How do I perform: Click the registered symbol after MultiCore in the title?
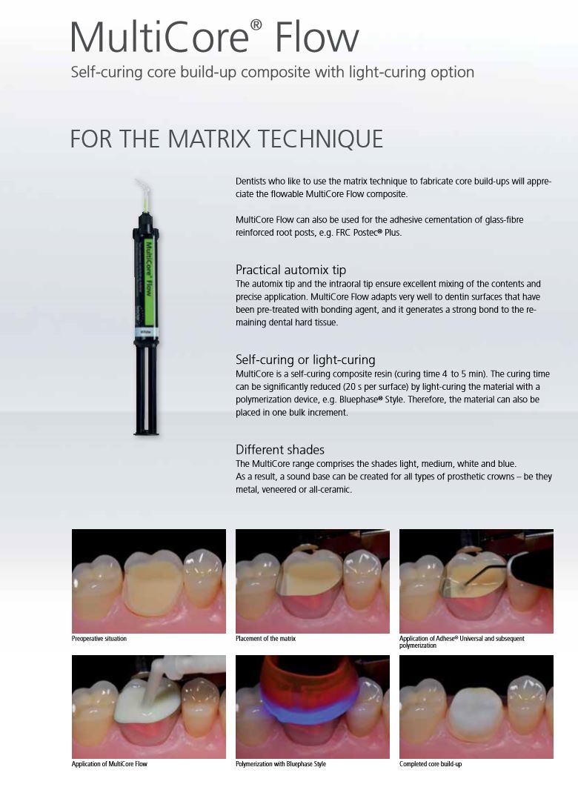click(256, 25)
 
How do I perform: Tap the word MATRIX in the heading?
click(209, 139)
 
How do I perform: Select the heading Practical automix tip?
click(290, 270)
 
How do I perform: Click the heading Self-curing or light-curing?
click(305, 359)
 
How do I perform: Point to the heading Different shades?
click(279, 449)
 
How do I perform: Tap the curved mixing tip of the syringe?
click(142, 195)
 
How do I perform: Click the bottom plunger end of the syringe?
click(146, 431)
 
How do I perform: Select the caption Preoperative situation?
click(99, 638)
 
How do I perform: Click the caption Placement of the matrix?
click(265, 638)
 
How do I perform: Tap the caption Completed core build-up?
click(431, 764)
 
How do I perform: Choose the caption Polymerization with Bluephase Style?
click(281, 764)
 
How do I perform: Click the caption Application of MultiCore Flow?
click(110, 764)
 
